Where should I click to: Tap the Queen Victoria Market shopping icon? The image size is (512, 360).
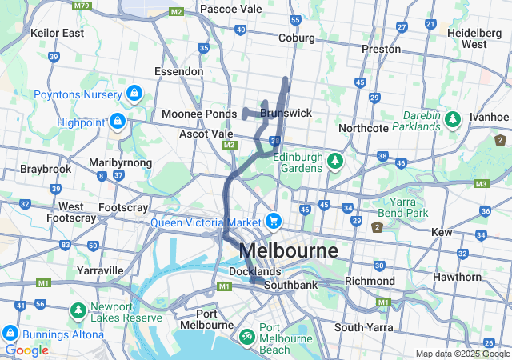pos(274,220)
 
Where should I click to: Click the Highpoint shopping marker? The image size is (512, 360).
pos(118,122)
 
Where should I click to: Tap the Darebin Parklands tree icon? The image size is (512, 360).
pos(453,120)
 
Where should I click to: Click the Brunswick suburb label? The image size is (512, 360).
pos(286,114)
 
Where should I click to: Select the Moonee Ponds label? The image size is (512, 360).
pos(199,114)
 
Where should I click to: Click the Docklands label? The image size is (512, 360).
pos(254,272)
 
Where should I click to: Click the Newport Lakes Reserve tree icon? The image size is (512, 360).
pos(78,309)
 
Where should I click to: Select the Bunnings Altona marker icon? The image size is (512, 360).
pos(10,332)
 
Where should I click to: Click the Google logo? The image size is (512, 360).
pos(26,350)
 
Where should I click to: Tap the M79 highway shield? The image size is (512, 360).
pos(81,6)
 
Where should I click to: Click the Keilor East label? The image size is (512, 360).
pos(57,33)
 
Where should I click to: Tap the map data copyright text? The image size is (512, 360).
pos(462,354)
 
